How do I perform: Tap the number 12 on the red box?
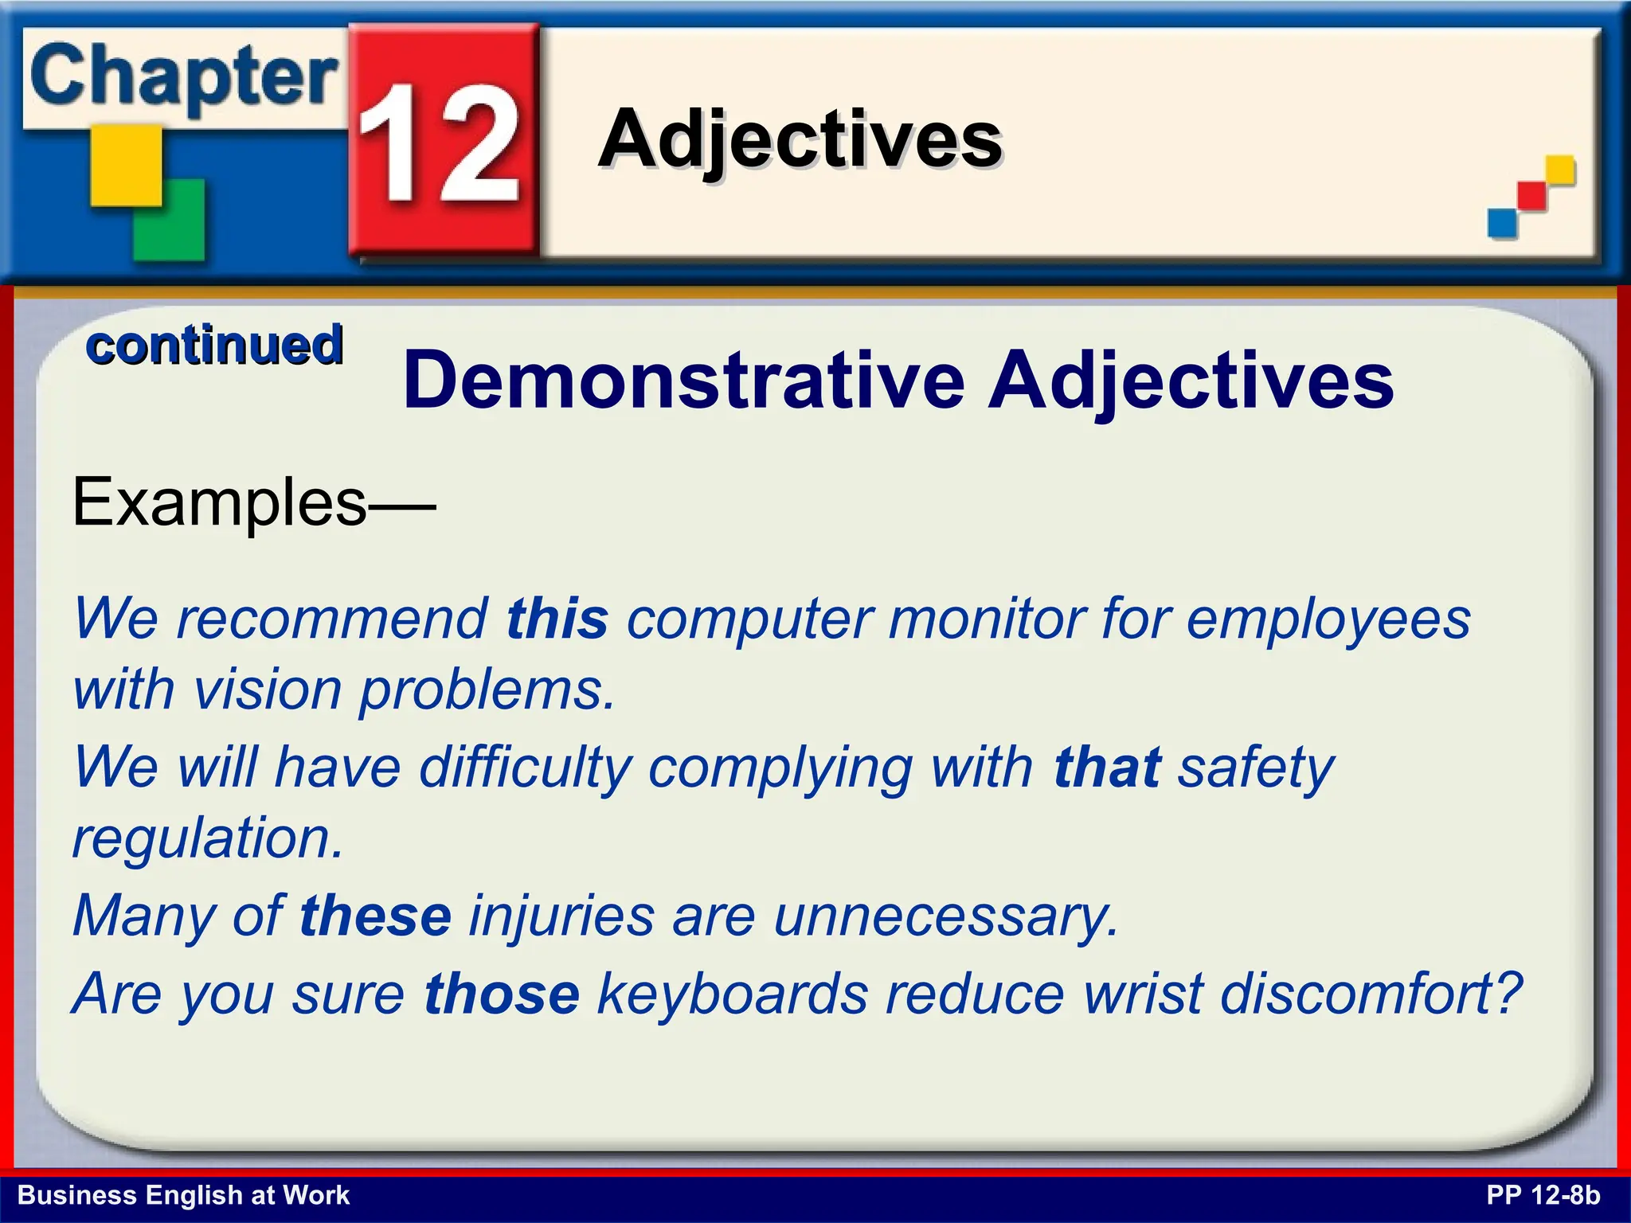pos(440,143)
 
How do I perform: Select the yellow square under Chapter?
pos(125,166)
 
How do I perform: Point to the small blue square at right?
pos(1502,222)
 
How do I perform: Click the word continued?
pos(214,346)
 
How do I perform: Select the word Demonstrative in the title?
pos(684,381)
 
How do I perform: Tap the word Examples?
pos(220,502)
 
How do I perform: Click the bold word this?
pos(557,619)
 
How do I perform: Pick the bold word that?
pos(1107,768)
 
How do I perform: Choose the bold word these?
pos(376,916)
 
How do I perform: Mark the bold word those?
pos(502,994)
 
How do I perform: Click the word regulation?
pos(207,838)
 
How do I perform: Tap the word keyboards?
pos(733,994)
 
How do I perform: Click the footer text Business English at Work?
pos(183,1195)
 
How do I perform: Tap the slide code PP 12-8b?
pos(1543,1195)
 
